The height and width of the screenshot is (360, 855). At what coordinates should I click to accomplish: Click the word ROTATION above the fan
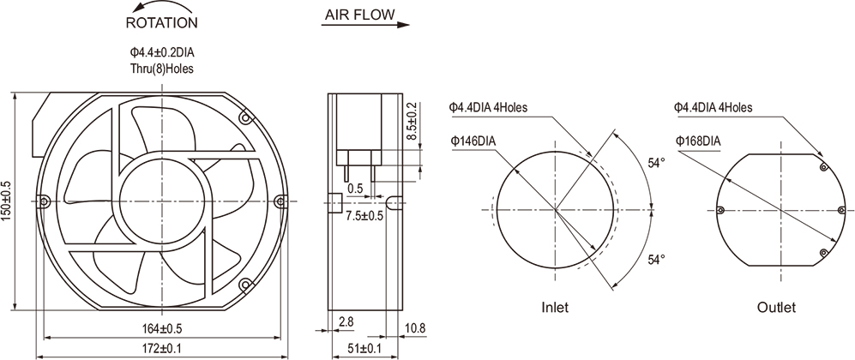point(161,22)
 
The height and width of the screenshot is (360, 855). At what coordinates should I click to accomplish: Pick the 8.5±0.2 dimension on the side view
point(412,122)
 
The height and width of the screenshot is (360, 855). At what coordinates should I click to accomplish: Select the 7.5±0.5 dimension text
point(365,215)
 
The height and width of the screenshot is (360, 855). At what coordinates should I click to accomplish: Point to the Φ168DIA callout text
point(698,141)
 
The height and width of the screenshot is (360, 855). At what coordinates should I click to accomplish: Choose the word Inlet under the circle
point(555,307)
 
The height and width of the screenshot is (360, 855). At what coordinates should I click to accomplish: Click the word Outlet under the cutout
point(776,307)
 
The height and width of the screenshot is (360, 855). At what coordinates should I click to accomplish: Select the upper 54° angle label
point(657,162)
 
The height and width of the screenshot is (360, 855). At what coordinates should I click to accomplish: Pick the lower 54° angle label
point(657,259)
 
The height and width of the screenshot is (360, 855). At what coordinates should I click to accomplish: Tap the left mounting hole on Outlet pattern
point(720,209)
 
